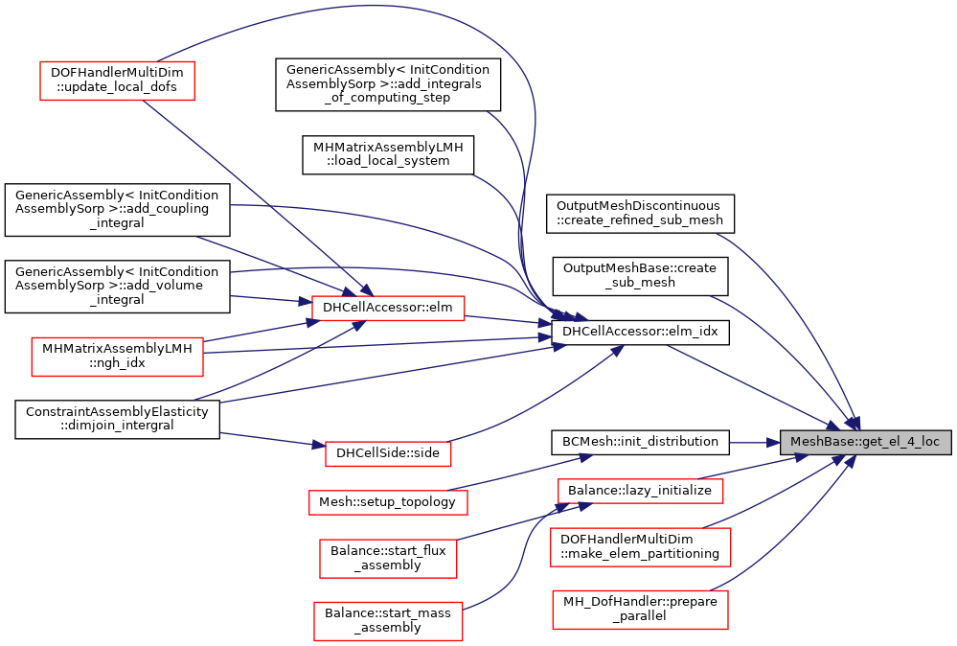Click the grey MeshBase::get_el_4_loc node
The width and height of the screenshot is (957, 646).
coord(865,442)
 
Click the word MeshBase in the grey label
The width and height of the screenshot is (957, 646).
coord(813,442)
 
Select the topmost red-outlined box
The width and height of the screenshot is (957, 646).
coord(117,81)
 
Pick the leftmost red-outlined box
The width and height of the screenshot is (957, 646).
coord(117,357)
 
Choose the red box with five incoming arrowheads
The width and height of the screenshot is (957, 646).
coord(388,308)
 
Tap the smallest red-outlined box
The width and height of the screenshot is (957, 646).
coord(388,453)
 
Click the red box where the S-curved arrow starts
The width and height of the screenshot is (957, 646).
coord(388,621)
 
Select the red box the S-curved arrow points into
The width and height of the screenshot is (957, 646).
coord(640,491)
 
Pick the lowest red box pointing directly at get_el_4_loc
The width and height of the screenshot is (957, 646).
coord(640,610)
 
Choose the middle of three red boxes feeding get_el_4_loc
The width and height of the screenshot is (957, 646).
coord(640,546)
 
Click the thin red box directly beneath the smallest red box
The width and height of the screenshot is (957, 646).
coord(388,502)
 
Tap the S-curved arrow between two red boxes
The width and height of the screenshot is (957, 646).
coord(523,556)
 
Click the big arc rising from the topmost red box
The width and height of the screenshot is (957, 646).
coord(383,8)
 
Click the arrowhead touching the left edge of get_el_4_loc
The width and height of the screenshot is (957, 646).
coord(773,443)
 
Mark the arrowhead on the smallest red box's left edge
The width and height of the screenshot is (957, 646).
coord(318,445)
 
